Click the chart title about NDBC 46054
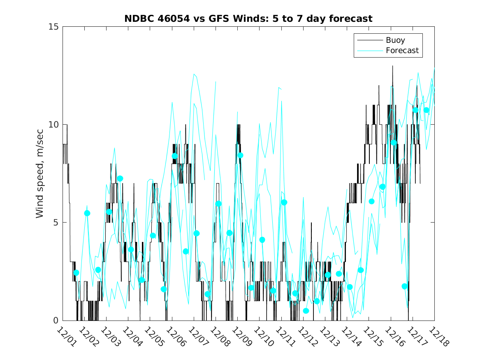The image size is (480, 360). (248, 19)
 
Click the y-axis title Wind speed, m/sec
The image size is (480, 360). (39, 173)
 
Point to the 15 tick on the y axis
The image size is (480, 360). (54, 27)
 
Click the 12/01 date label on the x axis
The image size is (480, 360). (66, 337)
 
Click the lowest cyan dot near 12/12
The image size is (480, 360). (306, 311)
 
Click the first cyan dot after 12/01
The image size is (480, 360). (76, 273)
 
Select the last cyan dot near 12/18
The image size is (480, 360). (427, 110)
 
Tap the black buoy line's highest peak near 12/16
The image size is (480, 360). (392, 66)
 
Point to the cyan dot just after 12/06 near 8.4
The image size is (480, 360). (174, 156)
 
